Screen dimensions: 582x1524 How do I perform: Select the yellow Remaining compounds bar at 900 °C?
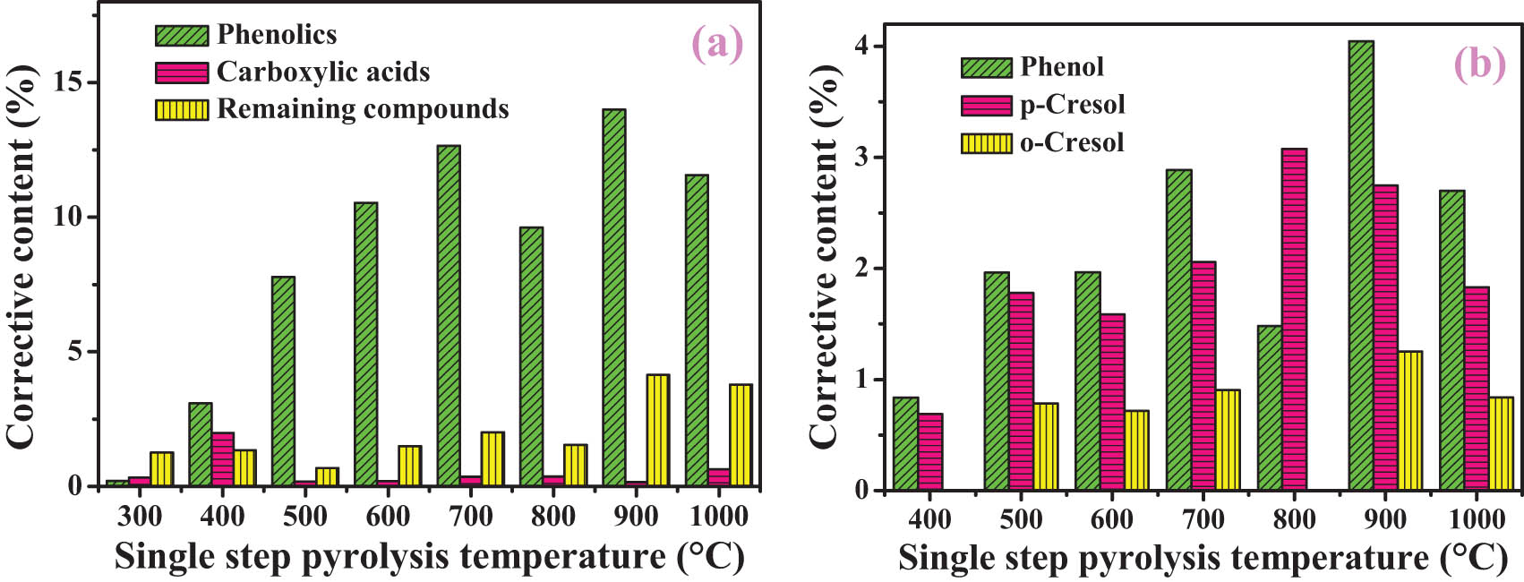click(x=657, y=430)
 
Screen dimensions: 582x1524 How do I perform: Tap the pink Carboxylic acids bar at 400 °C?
click(x=223, y=459)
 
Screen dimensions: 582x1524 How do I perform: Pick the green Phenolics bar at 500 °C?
click(x=283, y=381)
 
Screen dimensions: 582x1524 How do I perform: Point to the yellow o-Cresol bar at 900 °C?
click(x=1409, y=420)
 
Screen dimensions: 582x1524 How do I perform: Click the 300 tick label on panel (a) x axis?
click(x=140, y=517)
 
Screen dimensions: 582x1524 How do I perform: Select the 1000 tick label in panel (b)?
click(x=1477, y=519)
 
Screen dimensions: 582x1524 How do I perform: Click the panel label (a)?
click(x=716, y=43)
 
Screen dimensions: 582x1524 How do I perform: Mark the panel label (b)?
click(x=1479, y=64)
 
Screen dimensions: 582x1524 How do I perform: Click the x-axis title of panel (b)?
click(x=1203, y=558)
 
